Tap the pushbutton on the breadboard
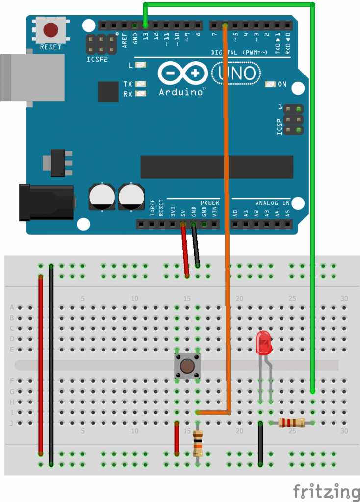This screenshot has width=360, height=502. coord(187,366)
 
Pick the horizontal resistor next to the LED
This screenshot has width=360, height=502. coord(291,423)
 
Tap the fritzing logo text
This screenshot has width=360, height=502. coord(326,491)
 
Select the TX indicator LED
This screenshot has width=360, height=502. coord(141,84)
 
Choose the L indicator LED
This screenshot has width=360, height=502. coord(141,64)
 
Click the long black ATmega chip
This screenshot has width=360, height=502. coord(216,167)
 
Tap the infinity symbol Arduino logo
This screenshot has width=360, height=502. coord(181,74)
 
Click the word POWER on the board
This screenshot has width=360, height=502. coord(209,203)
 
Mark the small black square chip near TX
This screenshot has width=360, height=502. coord(108,92)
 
